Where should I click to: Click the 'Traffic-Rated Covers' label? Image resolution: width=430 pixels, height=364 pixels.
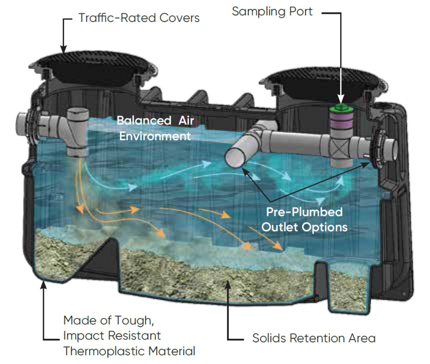[139, 18]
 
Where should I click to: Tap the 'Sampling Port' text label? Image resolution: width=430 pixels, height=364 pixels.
[272, 11]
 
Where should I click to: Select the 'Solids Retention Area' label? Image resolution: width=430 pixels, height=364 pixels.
[314, 338]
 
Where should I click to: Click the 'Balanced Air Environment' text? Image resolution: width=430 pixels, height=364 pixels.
[155, 128]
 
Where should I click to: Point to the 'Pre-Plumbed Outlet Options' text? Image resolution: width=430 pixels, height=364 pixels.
[304, 219]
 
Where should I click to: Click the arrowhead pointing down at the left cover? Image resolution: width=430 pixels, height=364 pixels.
[63, 49]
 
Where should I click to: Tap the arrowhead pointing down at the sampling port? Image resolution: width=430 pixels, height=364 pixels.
[341, 99]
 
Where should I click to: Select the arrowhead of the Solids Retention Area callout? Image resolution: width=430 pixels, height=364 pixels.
[228, 284]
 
